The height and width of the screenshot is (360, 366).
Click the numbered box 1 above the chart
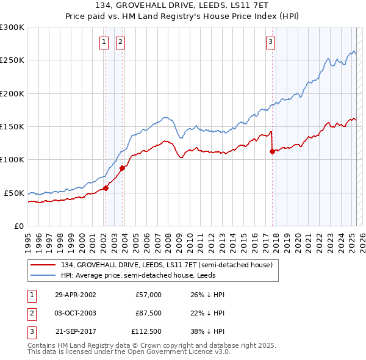[x=104, y=42]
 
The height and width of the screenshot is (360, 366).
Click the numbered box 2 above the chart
[x=120, y=42]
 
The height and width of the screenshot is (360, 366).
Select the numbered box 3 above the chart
[x=270, y=42]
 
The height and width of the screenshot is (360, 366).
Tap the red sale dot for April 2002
[x=106, y=188]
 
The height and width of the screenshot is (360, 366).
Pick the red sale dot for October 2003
[x=122, y=168]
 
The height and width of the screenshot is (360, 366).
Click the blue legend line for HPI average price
[x=43, y=275]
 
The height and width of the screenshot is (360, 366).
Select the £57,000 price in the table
[x=148, y=295]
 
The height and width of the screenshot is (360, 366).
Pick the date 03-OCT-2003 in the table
[x=75, y=313]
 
